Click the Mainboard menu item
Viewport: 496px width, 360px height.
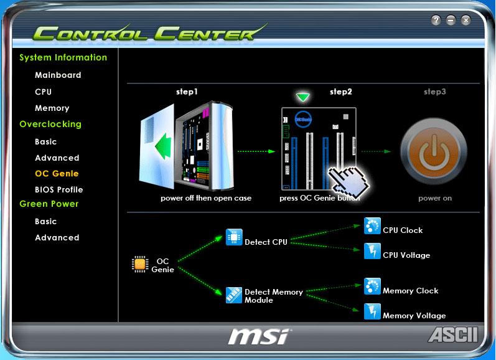click(58, 75)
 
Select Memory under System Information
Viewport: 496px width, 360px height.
click(52, 108)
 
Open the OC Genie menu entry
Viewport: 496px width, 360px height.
click(57, 174)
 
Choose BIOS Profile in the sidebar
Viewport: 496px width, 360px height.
click(58, 190)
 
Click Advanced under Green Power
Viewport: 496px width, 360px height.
click(57, 238)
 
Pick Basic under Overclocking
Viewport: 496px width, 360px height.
click(45, 142)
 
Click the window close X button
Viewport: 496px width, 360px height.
click(466, 21)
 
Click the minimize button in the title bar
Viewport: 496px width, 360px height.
click(451, 21)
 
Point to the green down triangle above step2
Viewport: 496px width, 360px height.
click(303, 97)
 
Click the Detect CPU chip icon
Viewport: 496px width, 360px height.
click(234, 237)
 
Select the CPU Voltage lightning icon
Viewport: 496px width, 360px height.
click(372, 251)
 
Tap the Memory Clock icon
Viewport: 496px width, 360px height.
click(372, 287)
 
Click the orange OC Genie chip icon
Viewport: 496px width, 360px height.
click(140, 264)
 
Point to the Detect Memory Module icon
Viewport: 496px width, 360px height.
click(234, 295)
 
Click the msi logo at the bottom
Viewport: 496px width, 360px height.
click(258, 336)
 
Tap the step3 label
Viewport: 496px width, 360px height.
click(434, 92)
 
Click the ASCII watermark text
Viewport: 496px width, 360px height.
click(453, 334)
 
